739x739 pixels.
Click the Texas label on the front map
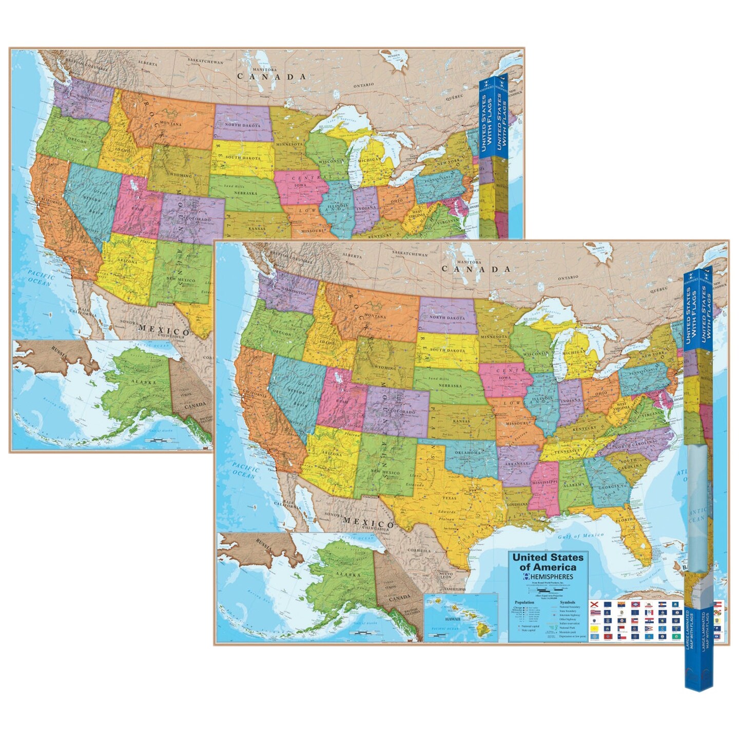coord(449,498)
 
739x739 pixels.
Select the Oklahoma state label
coord(466,453)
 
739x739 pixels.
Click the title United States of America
coord(548,562)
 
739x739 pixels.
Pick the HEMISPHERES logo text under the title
coord(551,577)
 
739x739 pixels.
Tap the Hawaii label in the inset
coord(452,619)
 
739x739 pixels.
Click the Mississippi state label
coord(544,483)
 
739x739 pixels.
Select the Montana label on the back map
coord(170,124)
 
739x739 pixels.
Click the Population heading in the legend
coord(524,602)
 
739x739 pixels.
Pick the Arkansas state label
coord(516,464)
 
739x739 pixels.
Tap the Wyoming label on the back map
coord(181,176)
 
